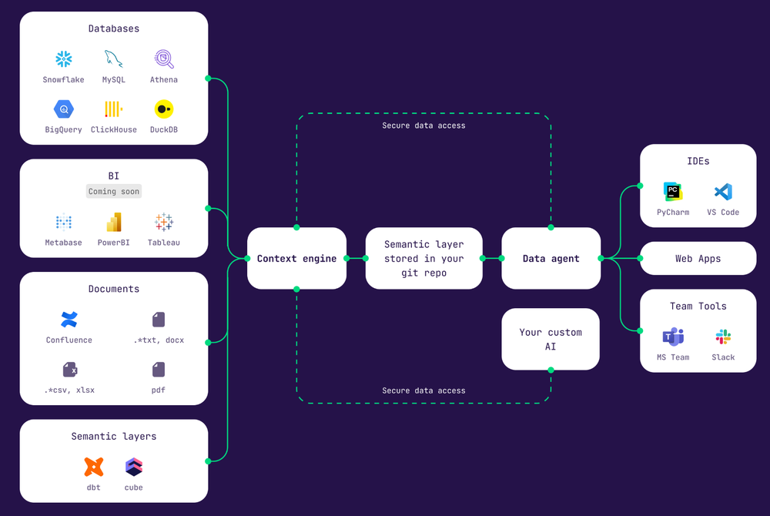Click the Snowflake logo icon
point(63,59)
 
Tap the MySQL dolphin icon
point(113,59)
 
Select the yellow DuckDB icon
point(164,109)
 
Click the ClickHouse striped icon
point(113,109)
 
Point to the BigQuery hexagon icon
point(63,109)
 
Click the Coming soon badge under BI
point(113,192)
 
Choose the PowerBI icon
point(113,222)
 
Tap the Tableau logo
point(164,222)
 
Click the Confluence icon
point(69,320)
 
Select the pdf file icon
point(159,370)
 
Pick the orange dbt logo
point(94,467)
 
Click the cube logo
point(133,467)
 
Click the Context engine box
point(296,258)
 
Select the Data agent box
point(551,258)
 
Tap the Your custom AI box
point(551,340)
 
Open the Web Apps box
point(698,258)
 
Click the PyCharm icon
point(673,192)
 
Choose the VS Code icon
point(723,192)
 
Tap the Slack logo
point(723,337)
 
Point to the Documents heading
point(113,289)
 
